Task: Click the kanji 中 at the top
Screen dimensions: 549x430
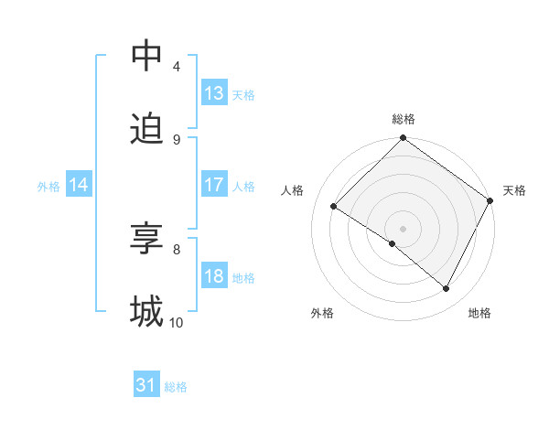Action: pyautogui.click(x=146, y=56)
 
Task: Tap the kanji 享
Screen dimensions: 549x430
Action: pyautogui.click(x=146, y=239)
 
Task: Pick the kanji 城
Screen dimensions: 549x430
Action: pyautogui.click(x=146, y=312)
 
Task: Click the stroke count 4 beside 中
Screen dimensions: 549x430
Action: pyautogui.click(x=177, y=66)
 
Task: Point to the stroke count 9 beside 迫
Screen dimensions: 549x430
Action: pyautogui.click(x=177, y=139)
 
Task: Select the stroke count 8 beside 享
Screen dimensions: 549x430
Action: pyautogui.click(x=177, y=249)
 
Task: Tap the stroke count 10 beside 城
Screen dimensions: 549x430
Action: pyautogui.click(x=177, y=322)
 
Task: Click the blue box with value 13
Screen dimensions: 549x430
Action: pyautogui.click(x=214, y=93)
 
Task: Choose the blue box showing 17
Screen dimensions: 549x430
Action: pyautogui.click(x=214, y=185)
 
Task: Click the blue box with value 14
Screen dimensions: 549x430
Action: pyautogui.click(x=79, y=185)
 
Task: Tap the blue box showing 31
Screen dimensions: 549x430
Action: pyautogui.click(x=146, y=386)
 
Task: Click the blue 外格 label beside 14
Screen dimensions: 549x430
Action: pyautogui.click(x=48, y=187)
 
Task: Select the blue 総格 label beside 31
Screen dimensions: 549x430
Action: pyautogui.click(x=176, y=387)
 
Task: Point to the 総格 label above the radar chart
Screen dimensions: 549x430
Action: pyautogui.click(x=404, y=120)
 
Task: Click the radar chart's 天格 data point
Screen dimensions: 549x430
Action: pyautogui.click(x=490, y=200)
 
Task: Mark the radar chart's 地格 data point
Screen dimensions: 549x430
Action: pyautogui.click(x=447, y=288)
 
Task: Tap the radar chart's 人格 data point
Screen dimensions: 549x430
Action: pyautogui.click(x=334, y=207)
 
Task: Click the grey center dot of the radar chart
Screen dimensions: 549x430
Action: pyautogui.click(x=404, y=228)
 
